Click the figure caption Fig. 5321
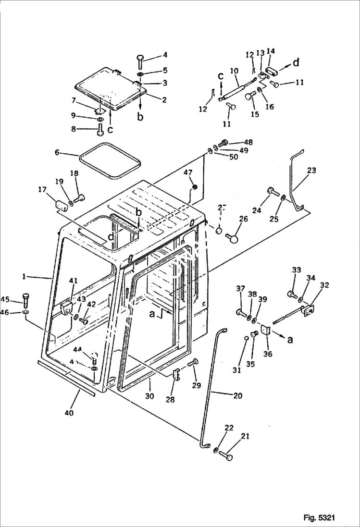tap(319, 517)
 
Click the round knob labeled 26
tap(233, 237)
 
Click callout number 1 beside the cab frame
tap(24, 277)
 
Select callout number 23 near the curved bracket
tap(311, 170)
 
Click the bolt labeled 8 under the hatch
tap(100, 129)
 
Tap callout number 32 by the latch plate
tap(324, 285)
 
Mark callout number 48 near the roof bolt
tap(248, 142)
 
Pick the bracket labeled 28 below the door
tap(176, 374)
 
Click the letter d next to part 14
tap(296, 62)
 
